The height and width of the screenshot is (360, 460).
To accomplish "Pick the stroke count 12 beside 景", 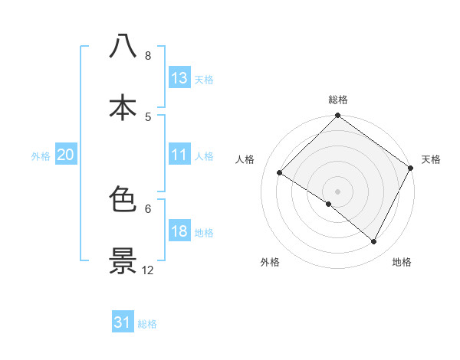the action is click(148, 270).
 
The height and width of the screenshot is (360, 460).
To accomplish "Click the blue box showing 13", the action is click(179, 78).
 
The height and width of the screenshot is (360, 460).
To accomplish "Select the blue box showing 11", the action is click(179, 155).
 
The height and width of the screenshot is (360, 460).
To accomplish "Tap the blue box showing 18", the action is click(179, 231).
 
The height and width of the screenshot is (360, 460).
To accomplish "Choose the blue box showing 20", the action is click(66, 155).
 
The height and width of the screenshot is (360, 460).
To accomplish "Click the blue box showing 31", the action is click(123, 322).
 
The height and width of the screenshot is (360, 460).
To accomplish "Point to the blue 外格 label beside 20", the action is click(41, 156).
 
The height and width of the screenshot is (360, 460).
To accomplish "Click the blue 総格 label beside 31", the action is click(147, 324).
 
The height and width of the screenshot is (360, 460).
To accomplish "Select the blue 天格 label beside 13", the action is click(204, 80).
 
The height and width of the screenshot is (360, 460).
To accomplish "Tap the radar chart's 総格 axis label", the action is click(338, 100).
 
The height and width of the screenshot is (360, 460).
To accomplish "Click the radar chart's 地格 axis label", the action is click(402, 262).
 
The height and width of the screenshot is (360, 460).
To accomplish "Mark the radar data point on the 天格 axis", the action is click(411, 168).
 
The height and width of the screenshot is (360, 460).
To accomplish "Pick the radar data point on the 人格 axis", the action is click(280, 173).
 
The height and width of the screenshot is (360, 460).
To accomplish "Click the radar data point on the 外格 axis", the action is click(329, 204).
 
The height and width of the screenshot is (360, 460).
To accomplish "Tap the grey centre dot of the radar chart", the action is click(338, 191).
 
